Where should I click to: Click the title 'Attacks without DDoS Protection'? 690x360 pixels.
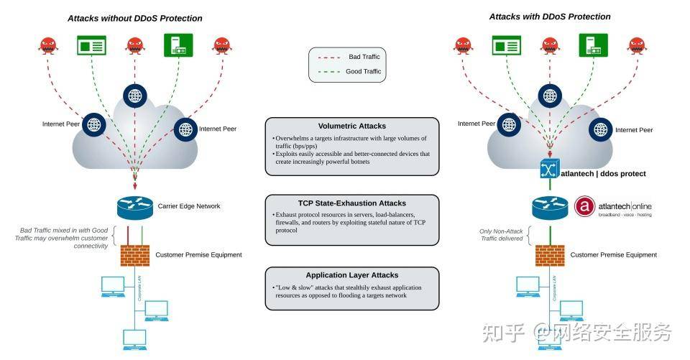[x=134, y=18]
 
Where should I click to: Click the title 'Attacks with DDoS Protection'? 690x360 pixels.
[x=550, y=16]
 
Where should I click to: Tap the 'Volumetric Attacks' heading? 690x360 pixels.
[x=351, y=126]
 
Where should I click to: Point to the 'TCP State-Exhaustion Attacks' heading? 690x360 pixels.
[x=351, y=203]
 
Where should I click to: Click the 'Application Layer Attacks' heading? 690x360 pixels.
[x=351, y=274]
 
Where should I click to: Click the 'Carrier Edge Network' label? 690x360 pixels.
[x=189, y=206]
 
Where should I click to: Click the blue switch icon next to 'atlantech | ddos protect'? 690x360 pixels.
[x=550, y=170]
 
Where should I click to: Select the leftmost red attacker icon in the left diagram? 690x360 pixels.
[x=48, y=45]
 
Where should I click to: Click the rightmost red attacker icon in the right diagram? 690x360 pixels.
[x=637, y=45]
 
